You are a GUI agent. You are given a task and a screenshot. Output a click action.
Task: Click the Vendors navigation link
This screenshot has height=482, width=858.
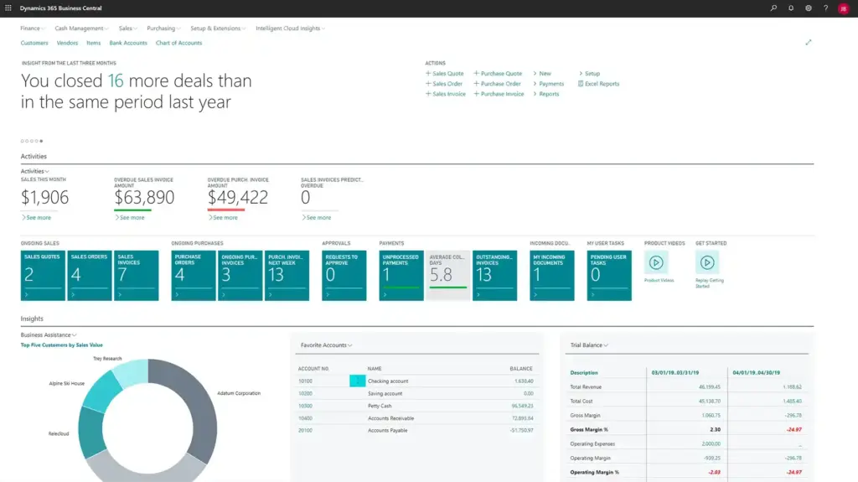67,43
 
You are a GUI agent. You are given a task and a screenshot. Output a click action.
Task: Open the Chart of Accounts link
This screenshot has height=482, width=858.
178,43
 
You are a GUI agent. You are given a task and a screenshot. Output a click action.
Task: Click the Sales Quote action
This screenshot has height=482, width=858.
447,74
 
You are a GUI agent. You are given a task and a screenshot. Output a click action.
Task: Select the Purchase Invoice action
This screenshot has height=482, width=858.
502,94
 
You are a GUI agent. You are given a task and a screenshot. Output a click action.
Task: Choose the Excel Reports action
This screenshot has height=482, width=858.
602,84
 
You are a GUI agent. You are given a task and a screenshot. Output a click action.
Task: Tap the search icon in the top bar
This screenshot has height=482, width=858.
773,8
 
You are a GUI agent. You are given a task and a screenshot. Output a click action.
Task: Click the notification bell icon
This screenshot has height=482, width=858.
791,8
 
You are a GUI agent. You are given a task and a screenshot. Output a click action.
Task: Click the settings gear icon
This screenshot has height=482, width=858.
809,8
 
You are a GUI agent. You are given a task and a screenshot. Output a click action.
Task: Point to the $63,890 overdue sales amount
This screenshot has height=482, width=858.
144,198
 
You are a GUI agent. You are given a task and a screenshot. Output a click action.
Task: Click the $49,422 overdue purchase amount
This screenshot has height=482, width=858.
238,198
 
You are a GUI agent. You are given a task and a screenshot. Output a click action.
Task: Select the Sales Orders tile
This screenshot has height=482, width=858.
90,275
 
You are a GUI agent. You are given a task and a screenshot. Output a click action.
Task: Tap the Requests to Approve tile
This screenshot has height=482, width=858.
344,275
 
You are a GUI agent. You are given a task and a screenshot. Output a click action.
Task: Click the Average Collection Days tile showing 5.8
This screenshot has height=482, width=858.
447,275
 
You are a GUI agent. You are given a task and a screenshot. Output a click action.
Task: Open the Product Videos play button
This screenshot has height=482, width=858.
656,262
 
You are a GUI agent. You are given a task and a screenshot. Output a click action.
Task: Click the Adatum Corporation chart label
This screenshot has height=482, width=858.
239,392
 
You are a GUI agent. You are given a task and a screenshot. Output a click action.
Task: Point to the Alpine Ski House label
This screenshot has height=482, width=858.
66,383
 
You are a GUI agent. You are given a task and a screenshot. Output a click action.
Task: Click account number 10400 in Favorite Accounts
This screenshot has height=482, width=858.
305,417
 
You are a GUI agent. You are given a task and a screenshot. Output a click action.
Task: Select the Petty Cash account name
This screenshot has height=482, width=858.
380,406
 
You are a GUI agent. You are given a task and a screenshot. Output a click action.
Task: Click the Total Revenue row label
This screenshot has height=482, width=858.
587,387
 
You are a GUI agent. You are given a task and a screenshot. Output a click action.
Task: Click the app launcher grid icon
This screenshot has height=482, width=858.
8,8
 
